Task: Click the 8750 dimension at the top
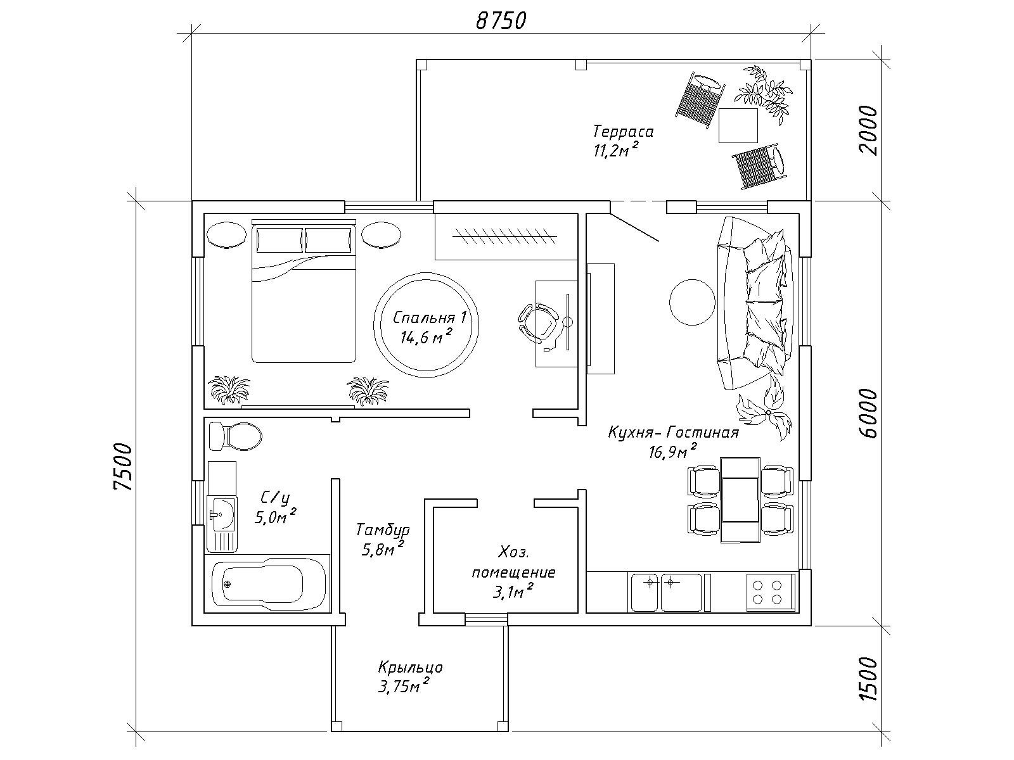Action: click(x=501, y=22)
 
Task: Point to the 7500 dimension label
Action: click(x=124, y=467)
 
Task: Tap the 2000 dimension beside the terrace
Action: click(x=868, y=130)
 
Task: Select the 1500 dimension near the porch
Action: click(x=868, y=679)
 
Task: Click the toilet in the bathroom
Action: click(x=235, y=436)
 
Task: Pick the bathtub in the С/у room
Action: click(x=269, y=583)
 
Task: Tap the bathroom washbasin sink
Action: click(x=222, y=513)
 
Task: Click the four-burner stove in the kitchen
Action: click(x=770, y=592)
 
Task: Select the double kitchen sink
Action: click(x=665, y=592)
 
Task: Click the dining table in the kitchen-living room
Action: click(x=740, y=499)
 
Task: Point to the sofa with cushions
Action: click(x=754, y=303)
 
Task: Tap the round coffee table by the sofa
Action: click(x=692, y=302)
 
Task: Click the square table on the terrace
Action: click(x=738, y=125)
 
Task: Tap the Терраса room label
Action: click(x=623, y=132)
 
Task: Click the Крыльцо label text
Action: click(x=410, y=668)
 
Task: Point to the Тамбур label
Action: click(x=383, y=530)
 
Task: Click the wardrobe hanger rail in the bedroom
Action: click(x=504, y=236)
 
